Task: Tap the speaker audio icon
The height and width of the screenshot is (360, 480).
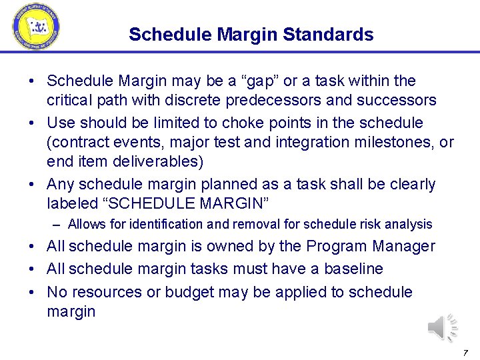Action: click(442, 327)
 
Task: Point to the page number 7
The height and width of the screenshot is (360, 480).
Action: click(465, 352)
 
